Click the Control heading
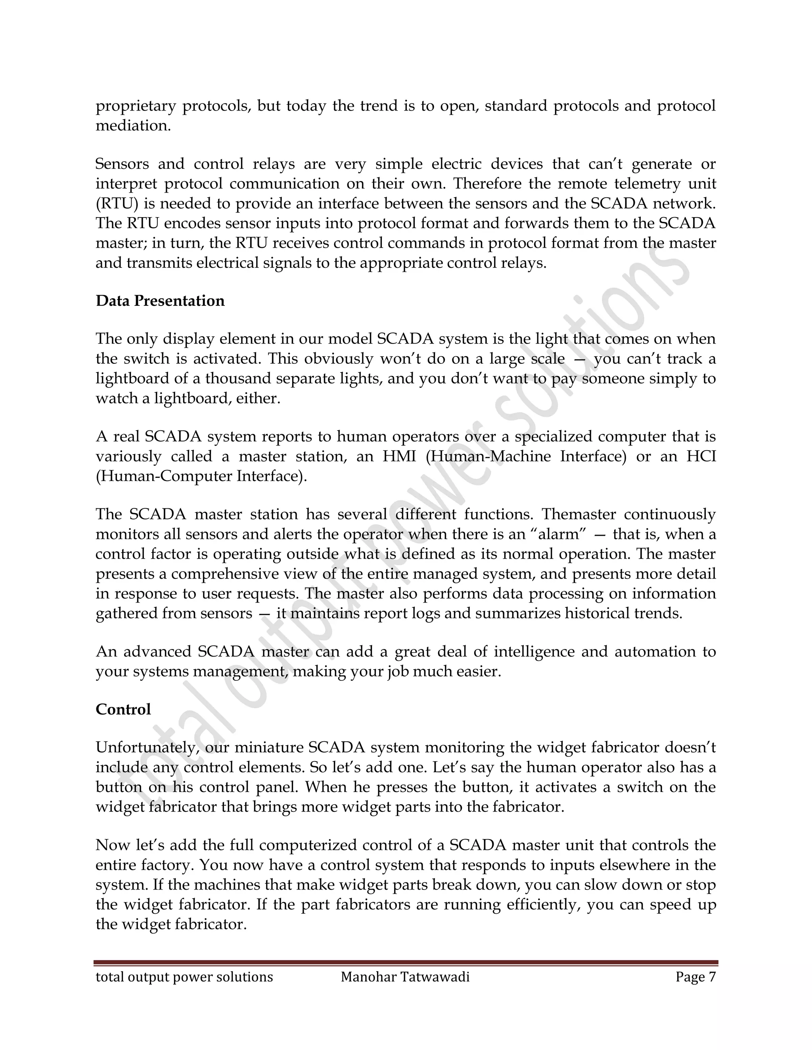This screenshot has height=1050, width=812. tap(123, 709)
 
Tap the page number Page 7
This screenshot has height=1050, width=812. tap(695, 977)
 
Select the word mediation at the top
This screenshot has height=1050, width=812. tap(133, 126)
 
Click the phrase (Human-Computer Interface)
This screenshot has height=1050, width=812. tap(201, 476)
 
